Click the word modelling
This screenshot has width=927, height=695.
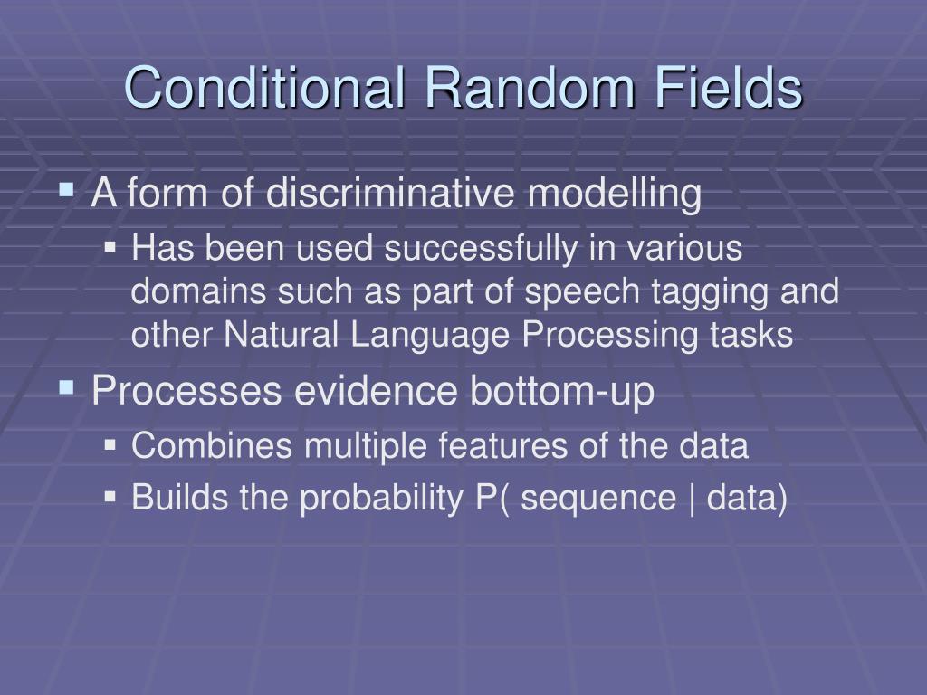[x=616, y=195]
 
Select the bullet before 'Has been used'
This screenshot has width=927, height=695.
[x=110, y=247]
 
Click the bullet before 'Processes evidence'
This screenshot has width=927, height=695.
[x=66, y=389]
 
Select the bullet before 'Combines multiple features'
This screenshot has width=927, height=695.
[x=110, y=445]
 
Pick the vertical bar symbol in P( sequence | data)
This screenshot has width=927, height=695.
[x=693, y=499]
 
